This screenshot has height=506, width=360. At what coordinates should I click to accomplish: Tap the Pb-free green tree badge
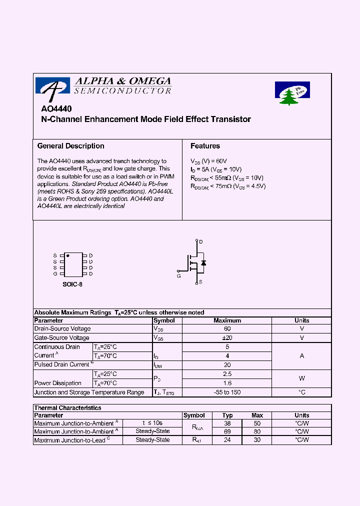click(292, 93)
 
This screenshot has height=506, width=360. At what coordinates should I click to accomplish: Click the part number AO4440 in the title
click(56, 109)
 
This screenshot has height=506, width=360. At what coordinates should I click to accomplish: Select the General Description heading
click(71, 146)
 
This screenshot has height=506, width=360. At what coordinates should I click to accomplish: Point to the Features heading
click(205, 146)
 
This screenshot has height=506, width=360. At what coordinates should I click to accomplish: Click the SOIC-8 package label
click(72, 284)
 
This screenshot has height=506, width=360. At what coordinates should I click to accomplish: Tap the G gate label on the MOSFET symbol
click(179, 275)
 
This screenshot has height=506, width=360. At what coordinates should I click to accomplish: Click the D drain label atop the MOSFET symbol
click(201, 242)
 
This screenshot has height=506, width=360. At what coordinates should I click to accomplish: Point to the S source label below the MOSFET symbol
click(201, 282)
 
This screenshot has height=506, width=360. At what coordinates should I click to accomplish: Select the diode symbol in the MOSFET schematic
click(203, 262)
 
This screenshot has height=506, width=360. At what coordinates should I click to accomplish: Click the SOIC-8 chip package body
click(73, 264)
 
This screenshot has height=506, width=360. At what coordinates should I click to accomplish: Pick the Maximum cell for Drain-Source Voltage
click(227, 329)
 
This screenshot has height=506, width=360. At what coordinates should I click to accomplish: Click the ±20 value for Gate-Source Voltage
click(227, 338)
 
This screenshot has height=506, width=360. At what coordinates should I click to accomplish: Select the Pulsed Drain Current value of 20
click(227, 365)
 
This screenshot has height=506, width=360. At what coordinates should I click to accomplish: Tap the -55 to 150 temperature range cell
click(227, 392)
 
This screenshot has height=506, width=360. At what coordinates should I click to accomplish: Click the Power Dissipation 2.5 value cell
click(227, 374)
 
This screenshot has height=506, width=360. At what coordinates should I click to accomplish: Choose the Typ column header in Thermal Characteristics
click(227, 415)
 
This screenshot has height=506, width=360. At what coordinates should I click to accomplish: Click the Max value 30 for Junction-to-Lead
click(257, 440)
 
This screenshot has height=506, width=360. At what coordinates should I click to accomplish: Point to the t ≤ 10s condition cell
click(152, 423)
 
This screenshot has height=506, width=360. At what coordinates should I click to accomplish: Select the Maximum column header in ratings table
click(227, 320)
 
